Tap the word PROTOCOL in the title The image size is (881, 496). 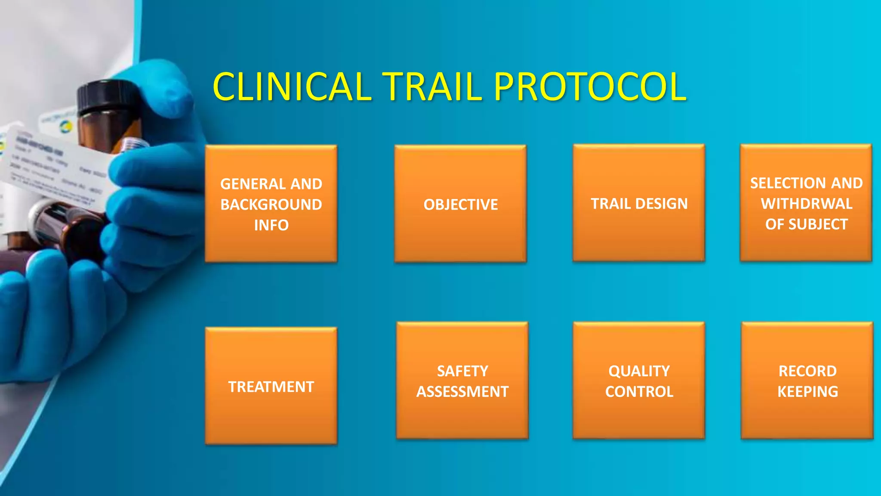point(590,87)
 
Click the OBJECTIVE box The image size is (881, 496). point(460,204)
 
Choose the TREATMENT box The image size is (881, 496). point(271,386)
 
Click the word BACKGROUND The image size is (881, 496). point(271,205)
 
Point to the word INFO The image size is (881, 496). point(271,225)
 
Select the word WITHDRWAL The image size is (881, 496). point(806,204)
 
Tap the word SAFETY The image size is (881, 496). point(462,371)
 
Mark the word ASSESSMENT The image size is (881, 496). point(462,392)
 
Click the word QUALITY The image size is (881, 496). point(639,371)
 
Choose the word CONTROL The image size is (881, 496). point(639,392)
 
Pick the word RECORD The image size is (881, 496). point(807,371)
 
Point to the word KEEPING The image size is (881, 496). point(807,392)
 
